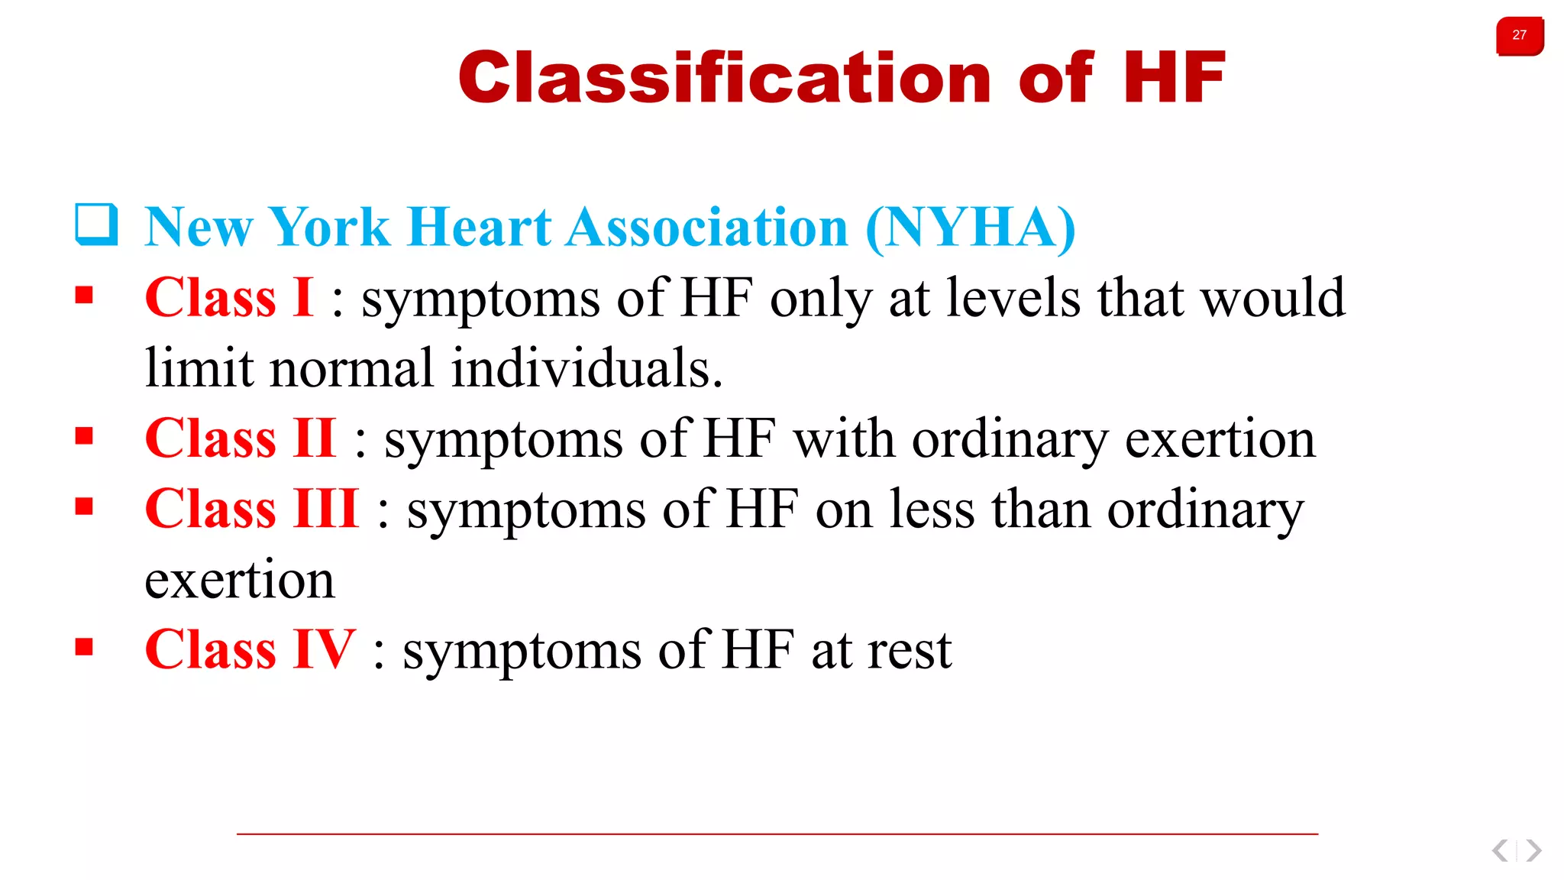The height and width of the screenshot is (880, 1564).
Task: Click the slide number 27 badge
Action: point(1519,36)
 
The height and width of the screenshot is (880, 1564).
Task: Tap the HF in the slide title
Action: point(1173,77)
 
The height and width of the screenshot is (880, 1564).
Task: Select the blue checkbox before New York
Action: point(97,225)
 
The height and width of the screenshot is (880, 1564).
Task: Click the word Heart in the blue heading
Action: point(480,227)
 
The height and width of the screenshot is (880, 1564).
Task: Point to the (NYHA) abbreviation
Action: point(970,227)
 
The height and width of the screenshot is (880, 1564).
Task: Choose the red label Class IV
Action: point(250,650)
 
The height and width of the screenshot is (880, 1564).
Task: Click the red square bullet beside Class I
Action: point(84,295)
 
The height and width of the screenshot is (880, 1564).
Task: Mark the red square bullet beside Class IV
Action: point(84,648)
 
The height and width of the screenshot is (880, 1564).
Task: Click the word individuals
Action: point(586,368)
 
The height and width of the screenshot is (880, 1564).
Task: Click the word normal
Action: point(351,368)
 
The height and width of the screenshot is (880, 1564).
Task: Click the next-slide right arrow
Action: point(1533,850)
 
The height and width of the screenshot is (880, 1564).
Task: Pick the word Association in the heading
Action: point(707,227)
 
